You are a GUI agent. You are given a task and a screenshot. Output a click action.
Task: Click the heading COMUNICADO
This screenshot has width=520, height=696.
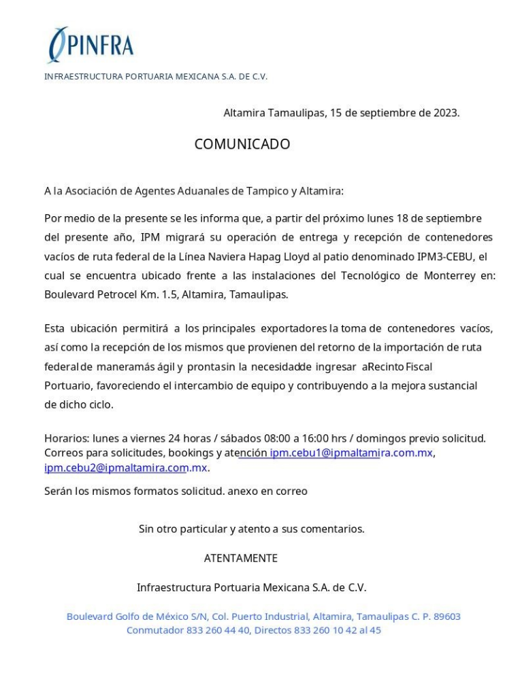tap(242, 144)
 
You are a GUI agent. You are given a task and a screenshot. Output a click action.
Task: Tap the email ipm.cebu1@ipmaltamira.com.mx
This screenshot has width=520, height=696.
tap(351, 453)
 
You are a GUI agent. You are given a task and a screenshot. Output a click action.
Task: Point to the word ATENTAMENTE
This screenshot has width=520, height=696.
tap(241, 558)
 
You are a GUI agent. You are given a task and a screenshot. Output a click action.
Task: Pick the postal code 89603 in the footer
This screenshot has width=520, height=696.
tap(446, 616)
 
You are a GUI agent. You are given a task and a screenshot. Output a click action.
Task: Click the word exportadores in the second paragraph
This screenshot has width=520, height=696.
tap(293, 329)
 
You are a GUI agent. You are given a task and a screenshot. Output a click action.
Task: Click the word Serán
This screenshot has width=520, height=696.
tap(59, 490)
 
